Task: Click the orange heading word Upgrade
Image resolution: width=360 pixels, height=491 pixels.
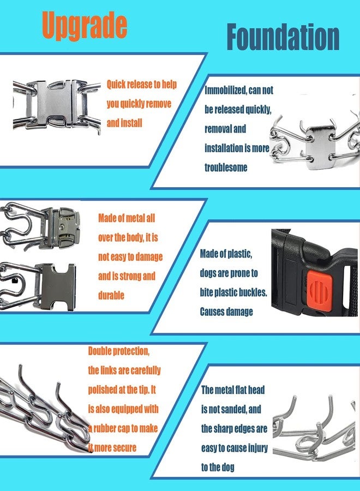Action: tap(85, 26)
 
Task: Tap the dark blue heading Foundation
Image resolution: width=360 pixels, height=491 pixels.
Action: tap(283, 37)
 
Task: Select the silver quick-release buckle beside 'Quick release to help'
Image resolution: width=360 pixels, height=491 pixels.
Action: tap(56, 105)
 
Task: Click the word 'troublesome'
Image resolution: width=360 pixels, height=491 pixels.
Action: tap(226, 167)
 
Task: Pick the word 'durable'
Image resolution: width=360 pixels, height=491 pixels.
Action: tap(111, 295)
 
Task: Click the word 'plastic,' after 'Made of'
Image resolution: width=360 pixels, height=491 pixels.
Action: tap(239, 254)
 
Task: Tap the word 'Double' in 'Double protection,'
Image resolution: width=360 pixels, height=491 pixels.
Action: tap(100, 351)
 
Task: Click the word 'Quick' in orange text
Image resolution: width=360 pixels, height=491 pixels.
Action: tap(116, 85)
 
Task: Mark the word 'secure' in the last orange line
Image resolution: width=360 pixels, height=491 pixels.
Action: tap(125, 448)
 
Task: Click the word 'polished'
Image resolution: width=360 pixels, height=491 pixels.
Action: tap(103, 390)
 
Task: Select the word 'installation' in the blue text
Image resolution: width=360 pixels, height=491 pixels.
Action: tap(224, 148)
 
